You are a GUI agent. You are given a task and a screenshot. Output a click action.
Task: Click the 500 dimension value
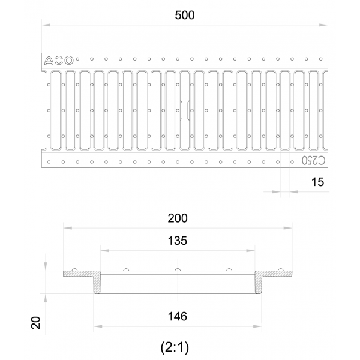[185, 16]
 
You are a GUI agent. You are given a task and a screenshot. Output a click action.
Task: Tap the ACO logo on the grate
[59, 61]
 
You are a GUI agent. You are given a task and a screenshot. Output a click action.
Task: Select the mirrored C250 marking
[313, 160]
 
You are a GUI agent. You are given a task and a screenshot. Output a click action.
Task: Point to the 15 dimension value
[317, 182]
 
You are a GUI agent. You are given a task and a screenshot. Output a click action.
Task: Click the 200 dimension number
[178, 218]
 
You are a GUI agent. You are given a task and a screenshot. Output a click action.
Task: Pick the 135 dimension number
[178, 241]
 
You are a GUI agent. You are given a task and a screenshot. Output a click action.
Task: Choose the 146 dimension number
[178, 316]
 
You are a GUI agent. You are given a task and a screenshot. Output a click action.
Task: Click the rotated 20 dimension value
[36, 323]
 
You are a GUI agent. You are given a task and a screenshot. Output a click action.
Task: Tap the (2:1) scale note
[175, 347]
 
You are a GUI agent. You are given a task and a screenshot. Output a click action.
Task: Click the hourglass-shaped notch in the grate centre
[185, 110]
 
